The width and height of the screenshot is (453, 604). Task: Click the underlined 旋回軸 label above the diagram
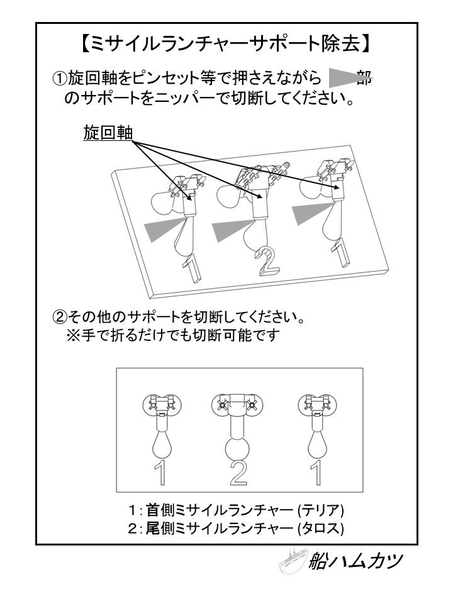click(108, 133)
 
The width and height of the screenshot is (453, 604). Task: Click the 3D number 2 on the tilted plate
click(267, 262)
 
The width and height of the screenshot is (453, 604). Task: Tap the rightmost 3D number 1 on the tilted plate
click(342, 252)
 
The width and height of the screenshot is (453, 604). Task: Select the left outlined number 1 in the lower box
click(160, 473)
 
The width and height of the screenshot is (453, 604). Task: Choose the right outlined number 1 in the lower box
click(316, 473)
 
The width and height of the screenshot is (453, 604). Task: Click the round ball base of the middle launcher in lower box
click(237, 449)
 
